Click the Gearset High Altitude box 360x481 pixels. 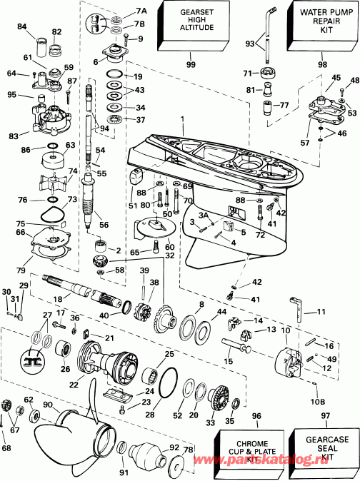(x=190, y=23)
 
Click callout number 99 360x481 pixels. (x=190, y=64)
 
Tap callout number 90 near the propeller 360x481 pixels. (x=48, y=405)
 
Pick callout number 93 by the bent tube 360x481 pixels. (x=249, y=44)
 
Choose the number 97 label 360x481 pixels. (x=326, y=415)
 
